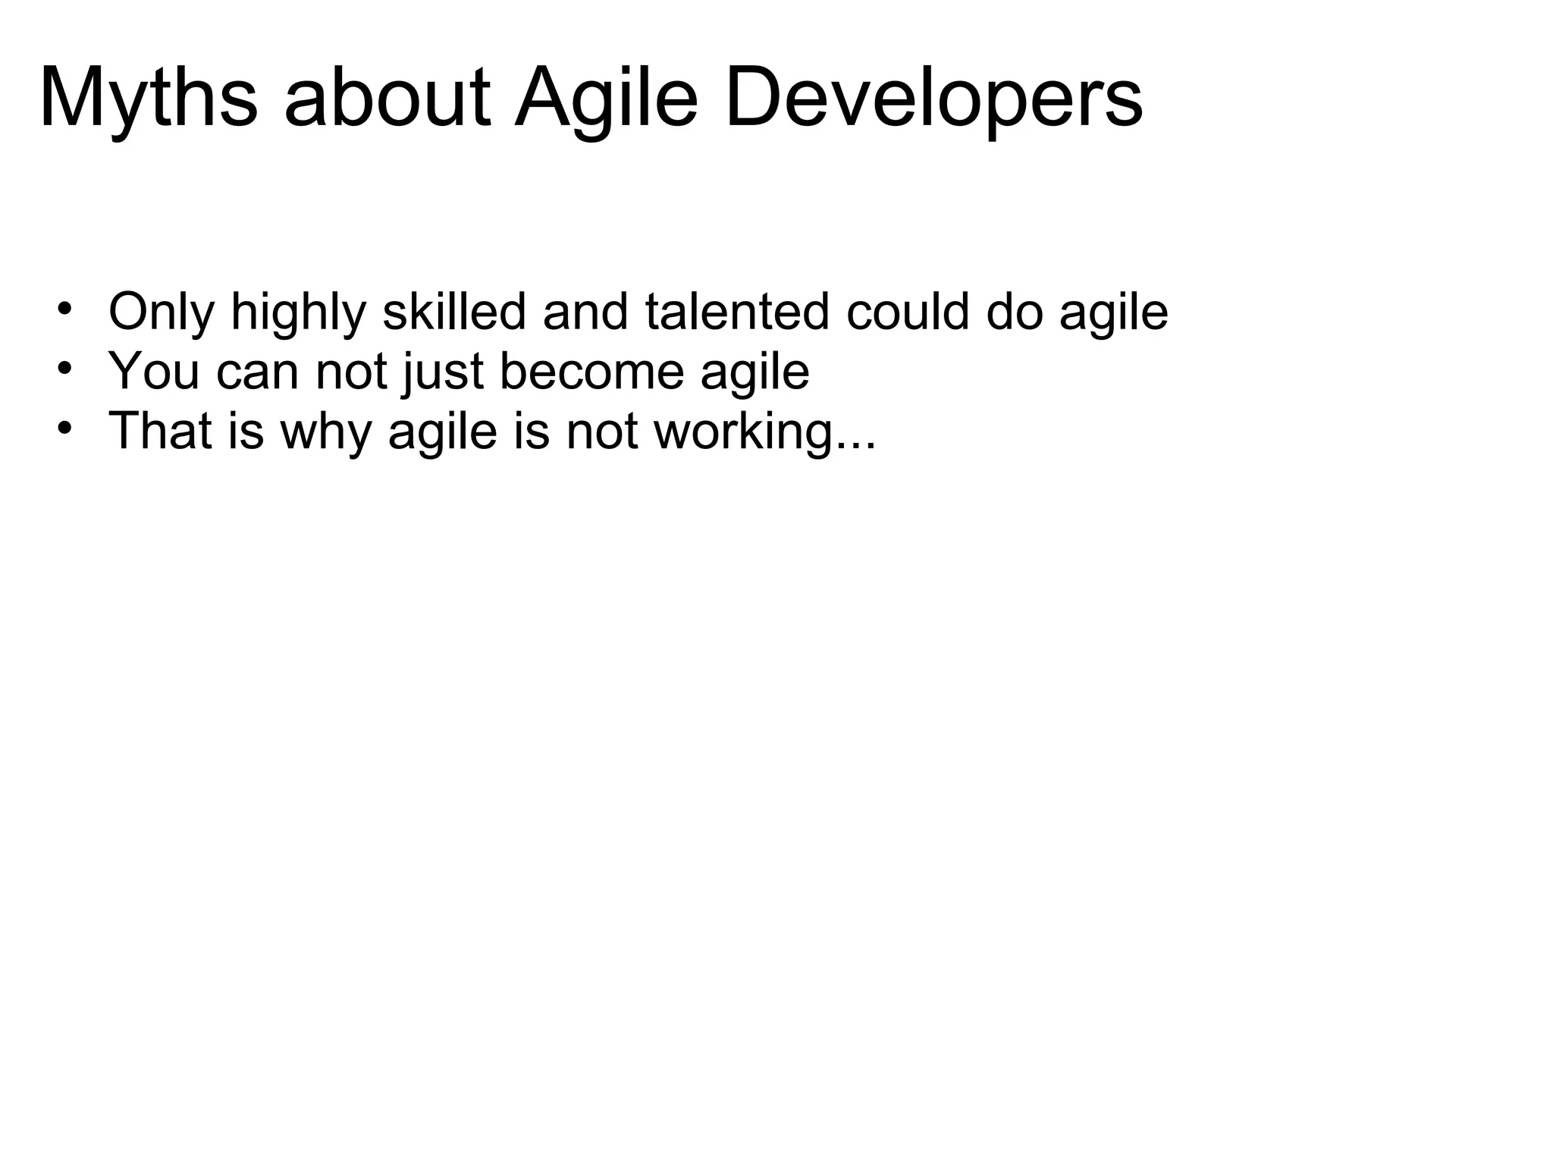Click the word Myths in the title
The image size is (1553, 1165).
pos(149,99)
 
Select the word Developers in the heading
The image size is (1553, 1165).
pos(933,99)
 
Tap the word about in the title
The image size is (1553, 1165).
pos(387,99)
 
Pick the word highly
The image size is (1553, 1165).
pos(299,312)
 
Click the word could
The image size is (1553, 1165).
pos(908,312)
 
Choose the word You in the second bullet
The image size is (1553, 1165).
pos(154,372)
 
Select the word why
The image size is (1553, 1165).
pos(326,431)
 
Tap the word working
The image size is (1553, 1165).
pos(742,431)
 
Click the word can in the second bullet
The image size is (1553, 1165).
pos(258,372)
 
